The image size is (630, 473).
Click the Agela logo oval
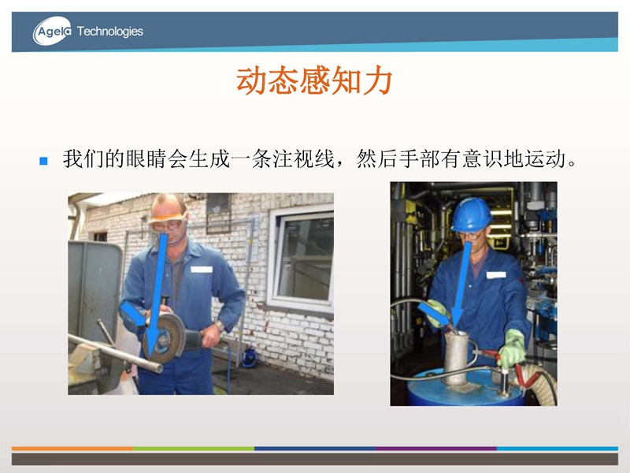pos(52,31)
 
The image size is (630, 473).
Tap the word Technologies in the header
pos(109,32)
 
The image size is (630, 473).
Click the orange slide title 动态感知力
pos(314,80)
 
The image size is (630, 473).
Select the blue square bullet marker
pos(43,161)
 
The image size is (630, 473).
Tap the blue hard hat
pos(471,214)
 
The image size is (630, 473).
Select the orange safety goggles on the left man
pos(168,222)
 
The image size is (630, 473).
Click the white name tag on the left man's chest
pos(202,269)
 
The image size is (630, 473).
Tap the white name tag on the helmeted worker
pos(496,274)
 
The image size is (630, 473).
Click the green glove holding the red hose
pos(513,348)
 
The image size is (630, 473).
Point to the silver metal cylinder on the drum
pos(457,357)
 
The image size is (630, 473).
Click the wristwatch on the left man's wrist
pos(220,326)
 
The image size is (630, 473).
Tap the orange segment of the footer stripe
pos(72,448)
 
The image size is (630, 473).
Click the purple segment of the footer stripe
pos(436,448)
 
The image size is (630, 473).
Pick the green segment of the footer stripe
pos(194,448)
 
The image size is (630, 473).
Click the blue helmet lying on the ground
pos(250,358)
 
